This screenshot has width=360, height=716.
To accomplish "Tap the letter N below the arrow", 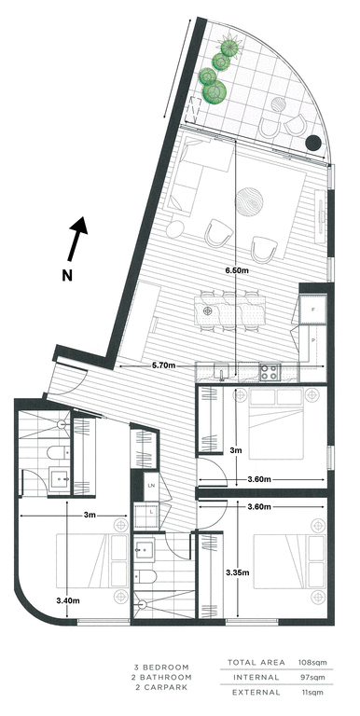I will coord(66,274).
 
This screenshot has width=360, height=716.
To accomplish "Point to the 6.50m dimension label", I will coord(238,269).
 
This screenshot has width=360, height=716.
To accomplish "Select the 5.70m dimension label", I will coord(166,366).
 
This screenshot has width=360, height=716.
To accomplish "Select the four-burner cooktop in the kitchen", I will coord(270,371).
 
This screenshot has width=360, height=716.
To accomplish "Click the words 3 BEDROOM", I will coord(161,668).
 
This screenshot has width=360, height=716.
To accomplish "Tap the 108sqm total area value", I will coord(318,663).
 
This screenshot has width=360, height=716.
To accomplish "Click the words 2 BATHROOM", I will coord(160,681).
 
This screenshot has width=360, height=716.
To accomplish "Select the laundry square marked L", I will coord(150,512).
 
